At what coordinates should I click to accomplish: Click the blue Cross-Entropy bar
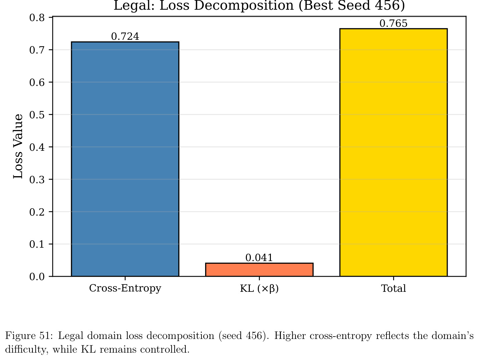point(125,159)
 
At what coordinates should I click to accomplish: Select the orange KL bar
point(259,270)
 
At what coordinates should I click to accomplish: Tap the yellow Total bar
point(393,152)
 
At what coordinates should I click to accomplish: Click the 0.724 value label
point(125,36)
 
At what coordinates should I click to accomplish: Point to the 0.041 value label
point(259,258)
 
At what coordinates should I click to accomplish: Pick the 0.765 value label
point(393,23)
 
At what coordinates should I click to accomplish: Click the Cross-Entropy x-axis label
point(125,288)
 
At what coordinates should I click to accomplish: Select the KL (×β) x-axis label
point(259,288)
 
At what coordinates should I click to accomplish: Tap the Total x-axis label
point(393,288)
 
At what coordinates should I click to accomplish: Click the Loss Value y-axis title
point(18,146)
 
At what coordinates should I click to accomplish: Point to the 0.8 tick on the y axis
point(37,17)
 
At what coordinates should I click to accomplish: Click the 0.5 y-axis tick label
point(37,115)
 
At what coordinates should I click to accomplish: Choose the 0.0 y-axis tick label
point(37,277)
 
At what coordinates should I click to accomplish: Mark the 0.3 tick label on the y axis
point(37,179)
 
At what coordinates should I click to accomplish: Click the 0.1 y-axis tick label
point(37,244)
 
